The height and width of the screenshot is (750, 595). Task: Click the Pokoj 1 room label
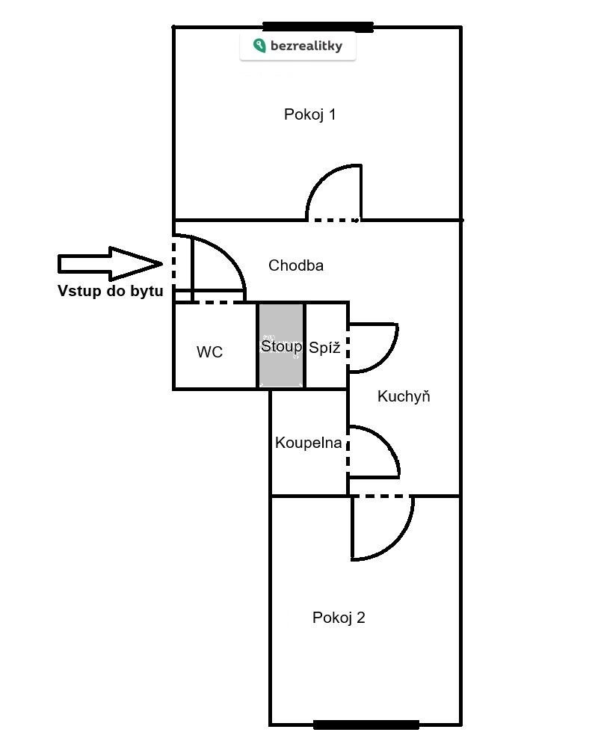tap(309, 114)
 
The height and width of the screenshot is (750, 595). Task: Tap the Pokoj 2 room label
tap(339, 618)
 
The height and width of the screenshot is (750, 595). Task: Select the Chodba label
tap(296, 265)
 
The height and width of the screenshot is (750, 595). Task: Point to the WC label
tap(209, 352)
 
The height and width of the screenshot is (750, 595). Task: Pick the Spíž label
tap(324, 348)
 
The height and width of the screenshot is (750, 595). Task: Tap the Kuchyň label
tap(404, 396)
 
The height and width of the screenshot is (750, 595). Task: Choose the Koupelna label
tap(308, 443)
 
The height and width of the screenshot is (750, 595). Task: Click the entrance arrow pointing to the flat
tap(110, 263)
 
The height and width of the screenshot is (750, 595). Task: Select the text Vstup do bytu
tap(110, 292)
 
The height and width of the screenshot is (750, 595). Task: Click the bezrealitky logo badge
tap(297, 46)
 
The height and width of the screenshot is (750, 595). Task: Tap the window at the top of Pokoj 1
tap(318, 28)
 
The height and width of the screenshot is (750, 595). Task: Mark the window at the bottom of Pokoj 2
tap(366, 724)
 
